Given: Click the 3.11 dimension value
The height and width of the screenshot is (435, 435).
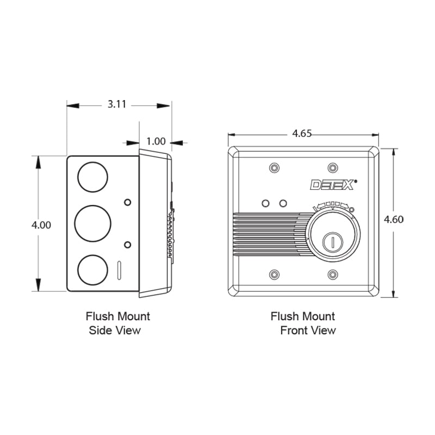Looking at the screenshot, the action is point(117,104).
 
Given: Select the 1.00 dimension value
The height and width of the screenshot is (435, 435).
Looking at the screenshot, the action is point(156,141).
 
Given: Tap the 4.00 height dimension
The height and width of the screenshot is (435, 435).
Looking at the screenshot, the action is point(41,225).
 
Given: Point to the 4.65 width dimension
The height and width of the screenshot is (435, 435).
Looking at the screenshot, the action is point(302,133).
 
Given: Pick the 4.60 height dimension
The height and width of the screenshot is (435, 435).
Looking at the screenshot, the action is point(394,220).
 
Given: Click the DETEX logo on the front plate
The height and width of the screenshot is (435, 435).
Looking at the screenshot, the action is point(333,185).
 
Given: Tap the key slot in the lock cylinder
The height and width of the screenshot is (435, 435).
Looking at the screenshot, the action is point(333,243).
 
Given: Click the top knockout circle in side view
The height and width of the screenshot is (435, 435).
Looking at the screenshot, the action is point(92,177).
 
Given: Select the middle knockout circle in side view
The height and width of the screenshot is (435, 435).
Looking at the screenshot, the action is point(92,223).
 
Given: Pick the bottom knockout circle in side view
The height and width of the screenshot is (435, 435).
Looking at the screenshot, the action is point(92,270).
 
